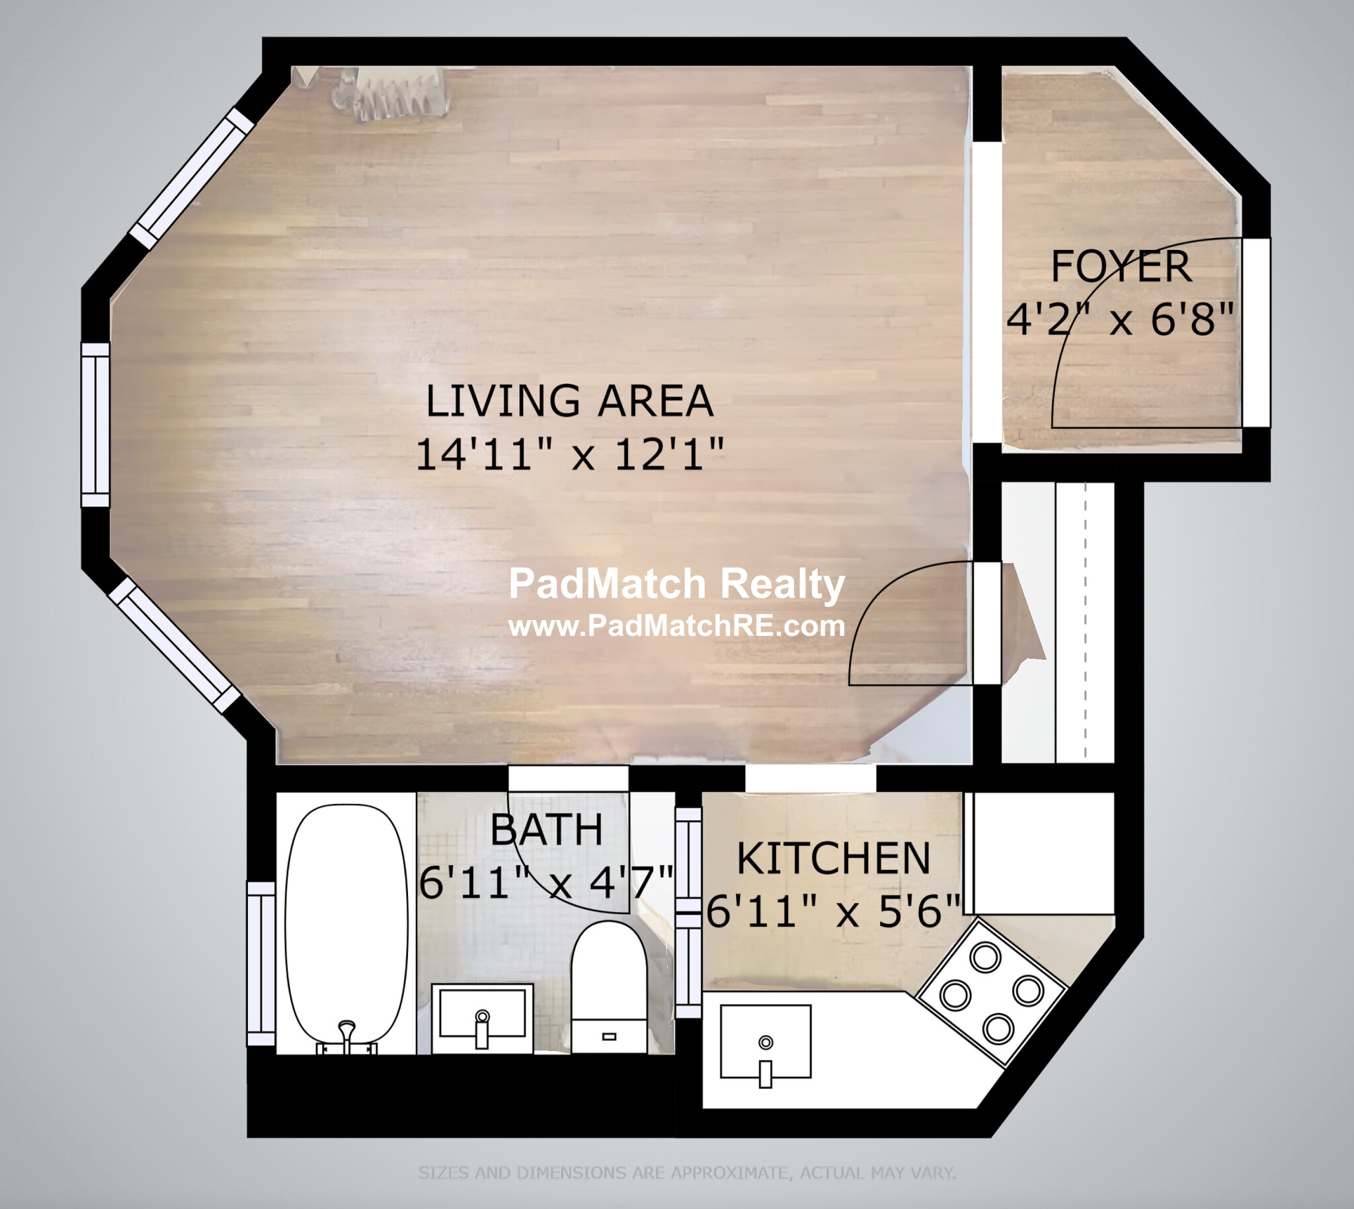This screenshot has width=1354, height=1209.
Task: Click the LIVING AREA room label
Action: coord(569,401)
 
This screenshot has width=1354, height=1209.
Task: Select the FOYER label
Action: coord(1121,266)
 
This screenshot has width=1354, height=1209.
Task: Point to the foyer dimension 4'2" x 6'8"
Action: coord(1120,319)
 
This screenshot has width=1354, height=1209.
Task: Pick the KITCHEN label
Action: coord(834,858)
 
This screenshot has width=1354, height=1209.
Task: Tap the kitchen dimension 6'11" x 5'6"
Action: coord(833,910)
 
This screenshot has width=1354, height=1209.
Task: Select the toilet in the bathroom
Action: coord(609,986)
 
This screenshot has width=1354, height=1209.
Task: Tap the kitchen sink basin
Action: coord(766,1041)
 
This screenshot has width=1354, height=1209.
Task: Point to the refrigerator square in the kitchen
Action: coord(1040,853)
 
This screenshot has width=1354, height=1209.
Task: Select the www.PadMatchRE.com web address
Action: coord(676,626)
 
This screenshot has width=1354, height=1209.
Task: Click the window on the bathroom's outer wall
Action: coord(261,964)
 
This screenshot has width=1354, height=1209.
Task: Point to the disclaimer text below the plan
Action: coord(687,1173)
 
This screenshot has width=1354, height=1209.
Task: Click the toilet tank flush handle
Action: coord(609,1036)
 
